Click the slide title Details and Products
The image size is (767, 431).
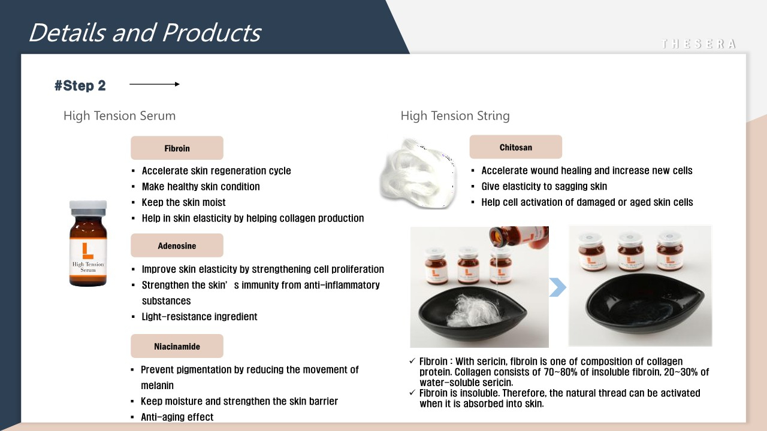(x=145, y=33)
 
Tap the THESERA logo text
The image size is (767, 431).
(x=699, y=44)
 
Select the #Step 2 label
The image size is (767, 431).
(x=80, y=86)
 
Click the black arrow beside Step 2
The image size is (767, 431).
(x=155, y=84)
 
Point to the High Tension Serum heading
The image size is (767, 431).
(x=119, y=116)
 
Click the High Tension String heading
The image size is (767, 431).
(x=455, y=116)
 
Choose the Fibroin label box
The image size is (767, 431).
(x=177, y=148)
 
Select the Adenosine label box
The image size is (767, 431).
(x=177, y=245)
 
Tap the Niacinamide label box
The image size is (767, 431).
(x=177, y=346)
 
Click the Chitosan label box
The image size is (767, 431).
(x=516, y=147)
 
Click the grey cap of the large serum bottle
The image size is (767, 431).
(x=88, y=208)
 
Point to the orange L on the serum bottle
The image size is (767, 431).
(x=87, y=251)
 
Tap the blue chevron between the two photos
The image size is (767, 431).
(x=558, y=287)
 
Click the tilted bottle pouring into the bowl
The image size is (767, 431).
(x=519, y=236)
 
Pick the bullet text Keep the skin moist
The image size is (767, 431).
(x=183, y=202)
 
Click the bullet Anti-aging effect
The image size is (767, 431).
(x=177, y=417)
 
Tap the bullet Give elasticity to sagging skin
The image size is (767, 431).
(x=544, y=186)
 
